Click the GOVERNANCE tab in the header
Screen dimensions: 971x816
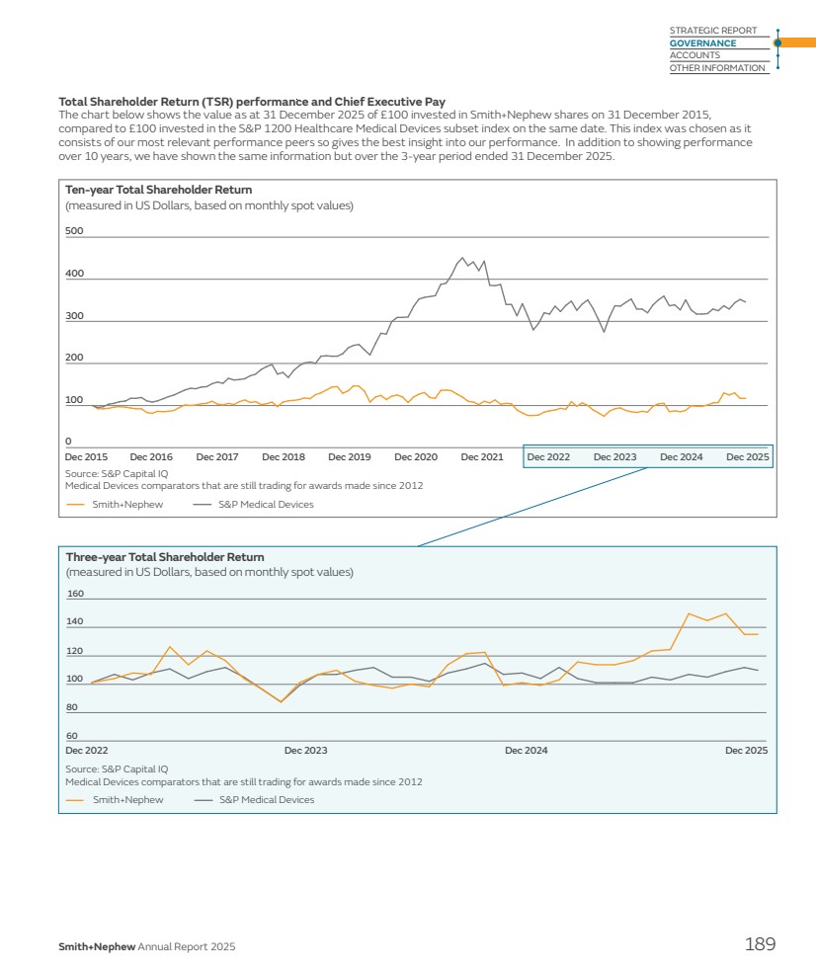pos(702,43)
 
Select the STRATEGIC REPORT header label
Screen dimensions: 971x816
pos(712,31)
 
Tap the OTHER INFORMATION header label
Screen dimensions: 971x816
pos(716,68)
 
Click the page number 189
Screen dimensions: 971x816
pos(760,945)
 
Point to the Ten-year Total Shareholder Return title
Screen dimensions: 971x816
pos(158,190)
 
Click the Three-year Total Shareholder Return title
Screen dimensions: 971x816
pos(165,557)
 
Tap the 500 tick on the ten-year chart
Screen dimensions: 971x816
pos(74,231)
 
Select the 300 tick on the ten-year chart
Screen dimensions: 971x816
pos(74,316)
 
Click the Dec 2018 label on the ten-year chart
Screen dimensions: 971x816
pos(284,457)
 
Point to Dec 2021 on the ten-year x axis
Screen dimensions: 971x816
pos(482,457)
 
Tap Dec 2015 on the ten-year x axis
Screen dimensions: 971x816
pos(86,457)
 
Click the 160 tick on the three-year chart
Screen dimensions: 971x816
pos(75,595)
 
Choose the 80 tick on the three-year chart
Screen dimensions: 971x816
pos(72,707)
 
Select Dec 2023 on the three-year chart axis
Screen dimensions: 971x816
pos(305,751)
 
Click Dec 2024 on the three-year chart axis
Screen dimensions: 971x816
pos(526,751)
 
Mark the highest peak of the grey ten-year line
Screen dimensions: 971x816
pos(462,258)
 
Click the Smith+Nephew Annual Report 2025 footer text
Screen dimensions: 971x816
pos(146,947)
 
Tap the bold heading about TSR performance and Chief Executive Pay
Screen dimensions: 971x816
pos(252,102)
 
